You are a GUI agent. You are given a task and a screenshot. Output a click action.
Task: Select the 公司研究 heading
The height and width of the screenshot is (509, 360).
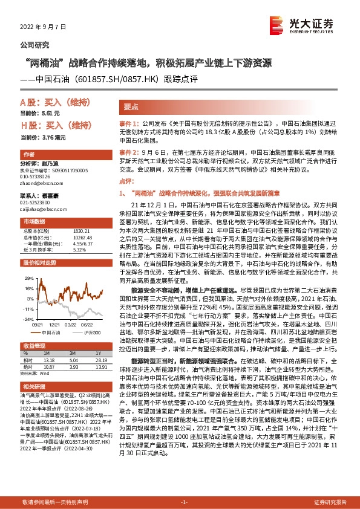coord(35,45)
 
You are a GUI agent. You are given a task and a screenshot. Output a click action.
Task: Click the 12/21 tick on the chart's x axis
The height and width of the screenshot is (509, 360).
coord(54,324)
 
